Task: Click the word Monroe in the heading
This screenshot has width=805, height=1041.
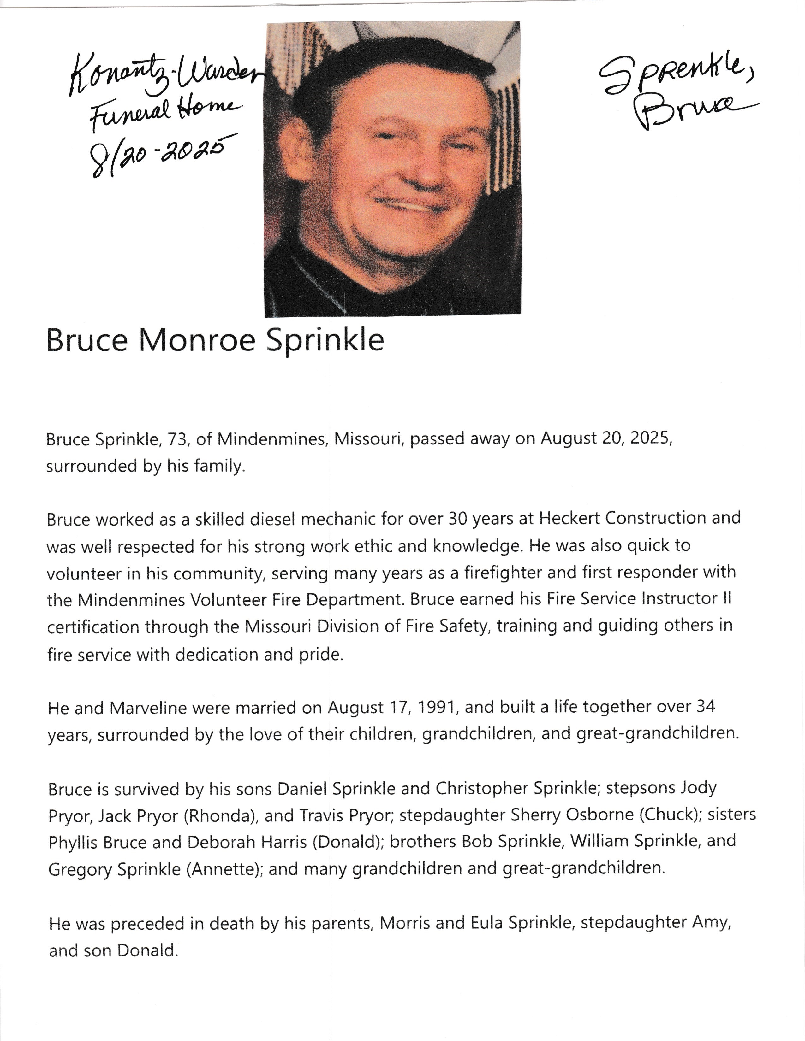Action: point(197,340)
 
